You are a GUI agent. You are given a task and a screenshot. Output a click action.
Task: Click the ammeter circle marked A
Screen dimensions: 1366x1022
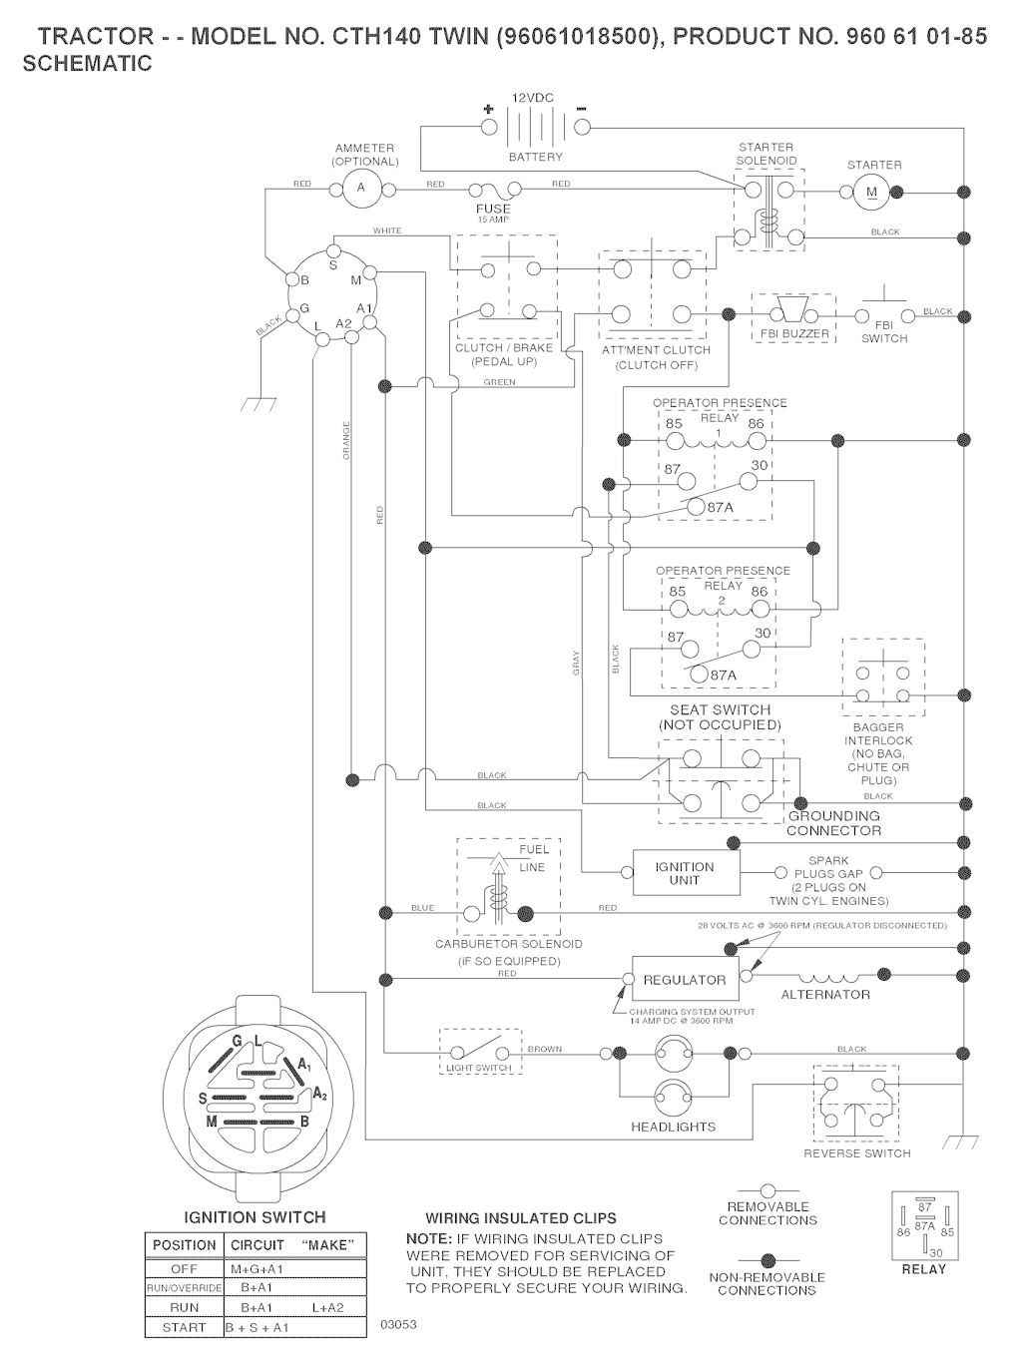(x=361, y=188)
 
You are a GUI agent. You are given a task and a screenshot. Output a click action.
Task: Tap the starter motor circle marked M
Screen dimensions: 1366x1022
(x=869, y=191)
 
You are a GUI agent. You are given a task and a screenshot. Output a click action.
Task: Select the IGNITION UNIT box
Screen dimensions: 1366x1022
(x=685, y=873)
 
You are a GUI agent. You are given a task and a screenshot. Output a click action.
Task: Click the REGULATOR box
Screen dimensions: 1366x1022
(x=685, y=980)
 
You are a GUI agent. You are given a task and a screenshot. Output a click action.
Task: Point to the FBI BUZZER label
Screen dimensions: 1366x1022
(x=793, y=334)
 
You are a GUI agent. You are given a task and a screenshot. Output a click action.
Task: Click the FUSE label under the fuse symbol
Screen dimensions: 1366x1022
(x=493, y=209)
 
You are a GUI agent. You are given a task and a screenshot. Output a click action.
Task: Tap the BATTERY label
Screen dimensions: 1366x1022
(x=536, y=157)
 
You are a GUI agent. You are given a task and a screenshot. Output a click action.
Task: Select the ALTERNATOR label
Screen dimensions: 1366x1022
(x=825, y=995)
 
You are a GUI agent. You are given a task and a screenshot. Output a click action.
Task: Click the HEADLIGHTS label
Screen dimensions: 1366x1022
(x=673, y=1127)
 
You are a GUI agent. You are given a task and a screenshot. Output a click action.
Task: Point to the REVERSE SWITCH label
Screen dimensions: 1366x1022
(x=856, y=1153)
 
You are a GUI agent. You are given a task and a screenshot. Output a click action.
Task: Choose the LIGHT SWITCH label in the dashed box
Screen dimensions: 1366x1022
(x=479, y=1068)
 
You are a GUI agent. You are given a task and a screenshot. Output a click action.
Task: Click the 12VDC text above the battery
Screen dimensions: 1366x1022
(x=532, y=98)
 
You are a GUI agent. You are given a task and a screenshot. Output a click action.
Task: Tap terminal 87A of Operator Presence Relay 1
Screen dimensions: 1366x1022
(x=696, y=507)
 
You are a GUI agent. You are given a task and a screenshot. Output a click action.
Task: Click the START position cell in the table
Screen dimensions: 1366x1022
(x=184, y=1328)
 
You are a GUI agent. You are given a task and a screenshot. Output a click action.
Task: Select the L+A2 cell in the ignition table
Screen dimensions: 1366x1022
(x=327, y=1307)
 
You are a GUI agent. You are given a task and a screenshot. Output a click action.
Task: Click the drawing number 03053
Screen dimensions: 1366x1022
(x=398, y=1324)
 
